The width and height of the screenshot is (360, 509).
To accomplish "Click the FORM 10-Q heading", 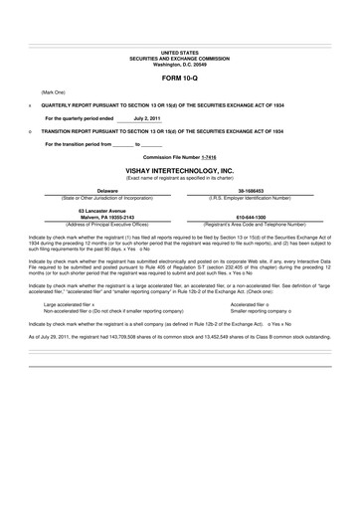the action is [180, 76].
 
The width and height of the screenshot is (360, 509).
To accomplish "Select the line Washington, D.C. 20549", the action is [180, 61].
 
